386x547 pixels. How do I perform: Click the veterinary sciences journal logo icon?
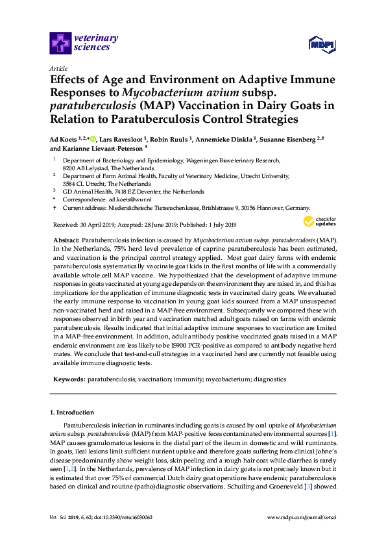[x=60, y=43]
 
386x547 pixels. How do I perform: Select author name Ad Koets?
[x=63, y=138]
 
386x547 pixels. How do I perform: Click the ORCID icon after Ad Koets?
[x=93, y=138]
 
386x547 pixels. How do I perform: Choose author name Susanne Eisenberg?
[x=288, y=138]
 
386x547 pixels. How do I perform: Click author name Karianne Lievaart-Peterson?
[x=104, y=148]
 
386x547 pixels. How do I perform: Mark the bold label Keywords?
[x=68, y=378]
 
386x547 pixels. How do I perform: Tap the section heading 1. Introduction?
[x=71, y=412]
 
